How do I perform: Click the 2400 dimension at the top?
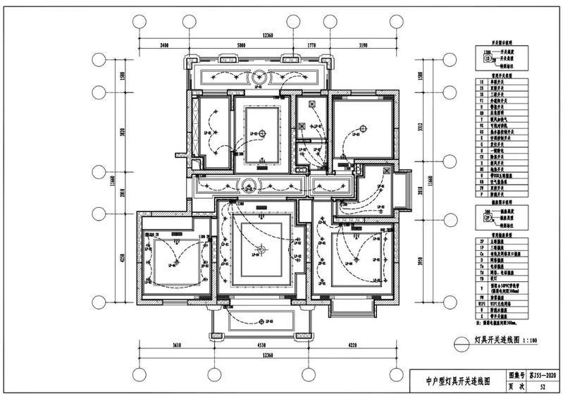click(163, 45)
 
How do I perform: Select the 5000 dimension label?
click(241, 45)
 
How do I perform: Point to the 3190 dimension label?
click(363, 45)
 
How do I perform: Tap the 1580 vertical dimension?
click(123, 75)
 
